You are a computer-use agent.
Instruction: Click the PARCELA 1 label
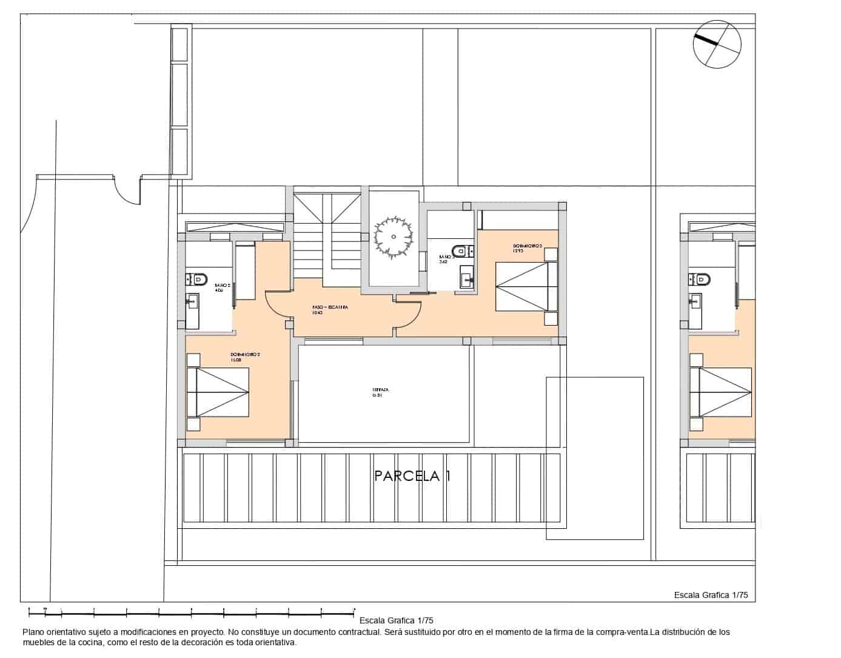point(412,476)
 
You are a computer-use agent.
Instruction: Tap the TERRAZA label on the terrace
point(380,392)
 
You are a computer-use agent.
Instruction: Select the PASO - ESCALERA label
point(330,310)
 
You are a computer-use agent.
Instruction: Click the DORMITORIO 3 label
point(526,248)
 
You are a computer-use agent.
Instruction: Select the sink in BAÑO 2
point(192,300)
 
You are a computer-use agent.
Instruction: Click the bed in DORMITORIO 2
point(218,392)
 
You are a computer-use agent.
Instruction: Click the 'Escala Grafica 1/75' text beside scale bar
point(396,620)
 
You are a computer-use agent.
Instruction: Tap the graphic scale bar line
point(188,608)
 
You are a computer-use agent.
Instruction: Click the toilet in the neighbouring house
point(702,279)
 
